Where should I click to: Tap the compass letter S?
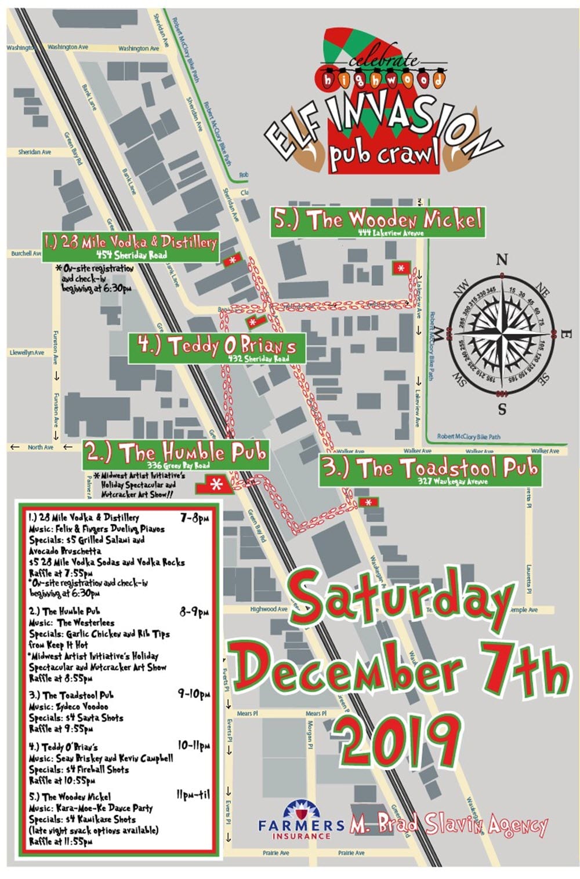click(502, 409)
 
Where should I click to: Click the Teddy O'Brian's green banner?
click(216, 348)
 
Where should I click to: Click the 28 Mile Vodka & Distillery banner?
click(130, 245)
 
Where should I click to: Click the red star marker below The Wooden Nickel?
click(401, 268)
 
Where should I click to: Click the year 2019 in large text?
click(396, 740)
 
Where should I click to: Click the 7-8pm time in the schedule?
click(194, 517)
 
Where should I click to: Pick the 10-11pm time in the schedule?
click(193, 746)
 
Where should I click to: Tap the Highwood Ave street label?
click(269, 609)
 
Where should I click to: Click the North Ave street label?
click(41, 447)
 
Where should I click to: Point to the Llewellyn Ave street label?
click(27, 352)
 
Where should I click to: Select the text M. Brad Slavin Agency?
click(448, 825)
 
